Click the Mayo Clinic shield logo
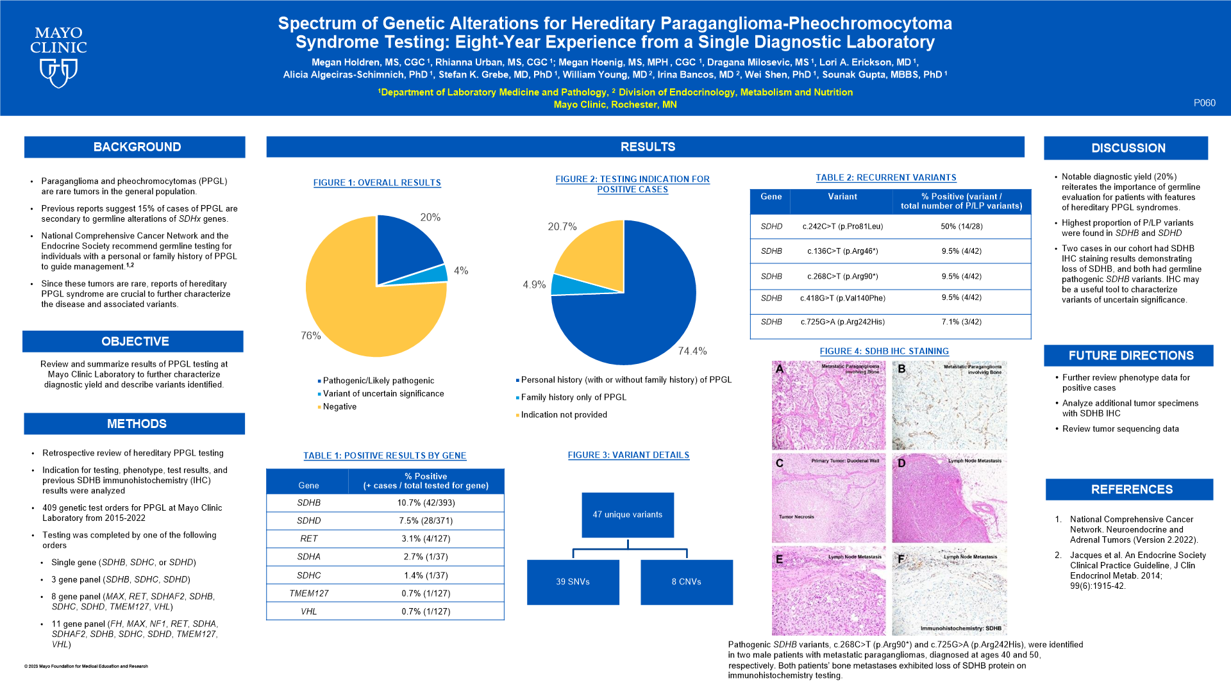pyautogui.click(x=58, y=72)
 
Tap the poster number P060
pyautogui.click(x=1204, y=103)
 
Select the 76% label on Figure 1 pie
pyautogui.click(x=311, y=336)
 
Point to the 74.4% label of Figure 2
pyautogui.click(x=692, y=351)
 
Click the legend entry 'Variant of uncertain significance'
pyautogui.click(x=383, y=393)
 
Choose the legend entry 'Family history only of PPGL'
pyautogui.click(x=573, y=397)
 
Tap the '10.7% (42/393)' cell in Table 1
pyautogui.click(x=426, y=503)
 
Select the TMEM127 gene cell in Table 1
pyautogui.click(x=308, y=593)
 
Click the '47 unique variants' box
pyautogui.click(x=628, y=515)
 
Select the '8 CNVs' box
pyautogui.click(x=686, y=582)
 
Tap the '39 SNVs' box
pyautogui.click(x=573, y=582)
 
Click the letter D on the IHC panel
pyautogui.click(x=901, y=463)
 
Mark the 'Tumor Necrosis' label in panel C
pyautogui.click(x=796, y=516)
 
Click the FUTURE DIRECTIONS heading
pyautogui.click(x=1131, y=356)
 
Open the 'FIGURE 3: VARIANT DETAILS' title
pyautogui.click(x=628, y=455)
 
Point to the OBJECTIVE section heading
pyautogui.click(x=135, y=342)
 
